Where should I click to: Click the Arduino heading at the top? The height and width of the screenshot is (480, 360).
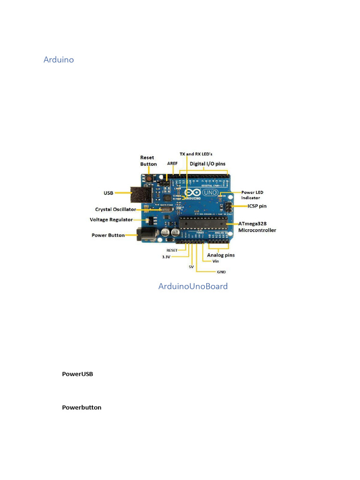pos(59,60)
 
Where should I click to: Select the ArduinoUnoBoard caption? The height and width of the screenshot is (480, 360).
pos(193,286)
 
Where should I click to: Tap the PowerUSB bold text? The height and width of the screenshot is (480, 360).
pos(77,374)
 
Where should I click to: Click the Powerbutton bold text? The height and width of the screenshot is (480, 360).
pos(82,407)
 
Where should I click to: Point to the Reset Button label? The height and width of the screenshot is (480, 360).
pos(148,161)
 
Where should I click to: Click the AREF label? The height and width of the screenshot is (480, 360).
pos(172,164)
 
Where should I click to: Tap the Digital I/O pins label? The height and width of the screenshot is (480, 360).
pos(207,164)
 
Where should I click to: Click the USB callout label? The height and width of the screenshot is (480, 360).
pos(108,193)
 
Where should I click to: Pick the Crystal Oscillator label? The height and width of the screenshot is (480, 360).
pos(115,210)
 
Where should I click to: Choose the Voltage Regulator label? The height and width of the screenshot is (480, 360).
pos(111,219)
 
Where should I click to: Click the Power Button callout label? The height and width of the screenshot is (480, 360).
pos(108,235)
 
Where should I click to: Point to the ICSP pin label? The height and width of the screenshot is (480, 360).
pos(257,206)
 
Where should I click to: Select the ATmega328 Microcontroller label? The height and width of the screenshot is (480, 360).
pos(257,227)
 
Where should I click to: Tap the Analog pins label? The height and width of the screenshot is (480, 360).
pos(221,255)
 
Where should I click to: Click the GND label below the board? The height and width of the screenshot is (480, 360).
pos(221,272)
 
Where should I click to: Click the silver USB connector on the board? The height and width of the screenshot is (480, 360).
pos(139,193)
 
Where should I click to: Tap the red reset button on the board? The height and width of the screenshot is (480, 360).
pos(149,179)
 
